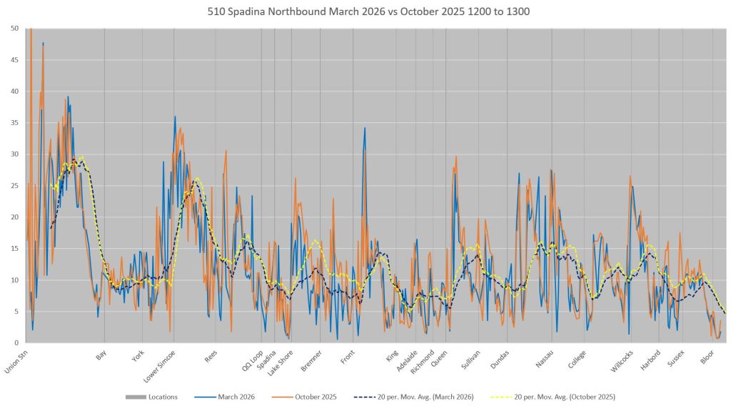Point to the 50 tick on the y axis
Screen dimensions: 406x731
pos(15,29)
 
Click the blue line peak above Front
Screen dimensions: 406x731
pos(365,128)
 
